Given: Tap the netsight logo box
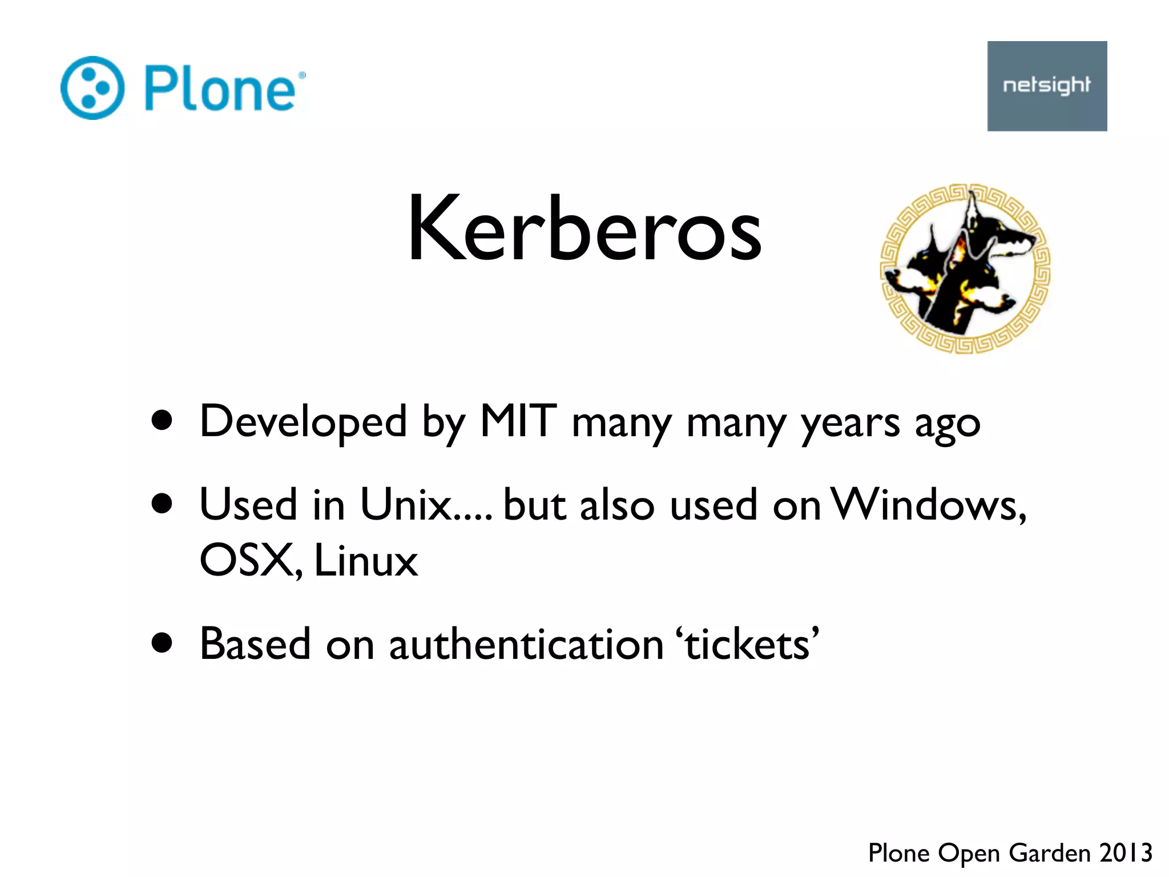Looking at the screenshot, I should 1047,86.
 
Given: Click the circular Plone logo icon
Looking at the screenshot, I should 92,88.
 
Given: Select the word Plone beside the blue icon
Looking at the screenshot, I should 220,88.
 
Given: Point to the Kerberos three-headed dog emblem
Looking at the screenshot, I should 965,268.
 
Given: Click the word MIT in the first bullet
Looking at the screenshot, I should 518,421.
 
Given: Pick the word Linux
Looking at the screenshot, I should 366,560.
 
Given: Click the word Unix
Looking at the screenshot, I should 406,505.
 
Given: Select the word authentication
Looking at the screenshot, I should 526,644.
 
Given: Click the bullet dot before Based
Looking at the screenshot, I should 163,643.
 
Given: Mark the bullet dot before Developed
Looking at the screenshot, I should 163,420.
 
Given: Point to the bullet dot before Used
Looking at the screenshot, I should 163,504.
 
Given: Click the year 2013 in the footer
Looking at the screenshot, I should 1126,853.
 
